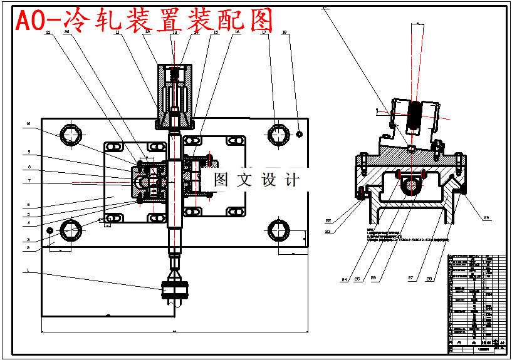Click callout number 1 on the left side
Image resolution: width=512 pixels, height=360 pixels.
pyautogui.click(x=28, y=270)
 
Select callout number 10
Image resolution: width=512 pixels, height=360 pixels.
pyautogui.click(x=28, y=123)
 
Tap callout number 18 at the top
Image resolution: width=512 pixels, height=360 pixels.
pyautogui.click(x=285, y=33)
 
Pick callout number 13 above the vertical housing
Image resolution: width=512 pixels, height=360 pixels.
pyautogui.click(x=174, y=33)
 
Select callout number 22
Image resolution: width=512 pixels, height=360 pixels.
pyautogui.click(x=328, y=220)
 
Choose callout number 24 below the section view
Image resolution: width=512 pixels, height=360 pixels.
pyautogui.click(x=344, y=279)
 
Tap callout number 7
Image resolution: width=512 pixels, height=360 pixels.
pyautogui.click(x=28, y=181)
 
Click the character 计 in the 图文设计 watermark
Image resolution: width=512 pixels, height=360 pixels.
pyautogui.click(x=292, y=180)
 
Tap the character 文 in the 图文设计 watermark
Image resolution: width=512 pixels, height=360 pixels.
pyautogui.click(x=244, y=180)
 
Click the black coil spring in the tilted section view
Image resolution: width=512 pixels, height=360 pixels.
pyautogui.click(x=414, y=116)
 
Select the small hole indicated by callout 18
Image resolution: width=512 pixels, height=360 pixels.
pyautogui.click(x=300, y=133)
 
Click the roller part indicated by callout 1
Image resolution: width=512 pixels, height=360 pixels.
pyautogui.click(x=175, y=290)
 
